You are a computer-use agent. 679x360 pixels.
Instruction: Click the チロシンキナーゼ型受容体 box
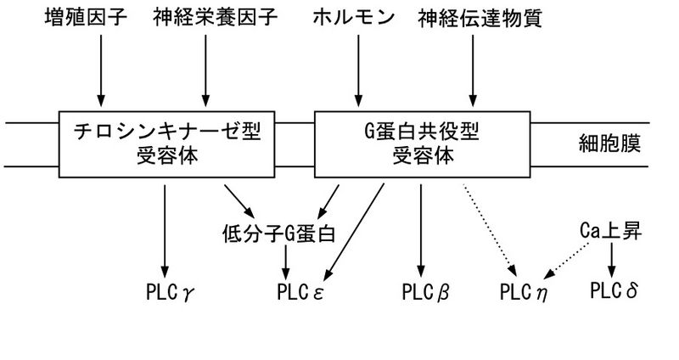[166, 144]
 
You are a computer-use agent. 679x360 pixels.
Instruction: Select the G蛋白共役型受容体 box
[423, 144]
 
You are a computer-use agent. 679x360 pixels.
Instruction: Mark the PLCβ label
[424, 294]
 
